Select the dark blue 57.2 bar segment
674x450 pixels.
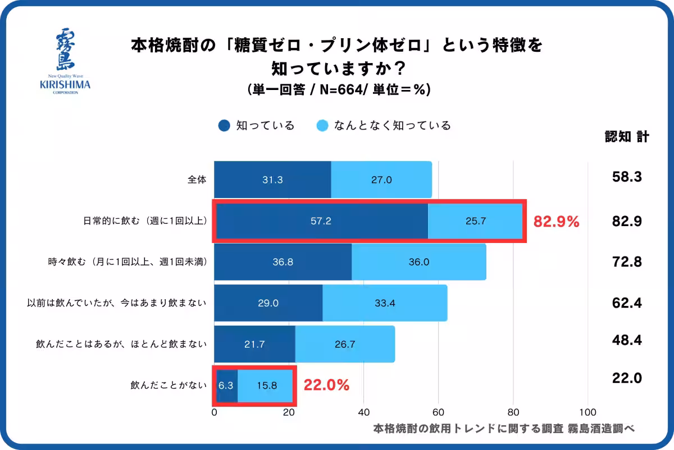(321, 221)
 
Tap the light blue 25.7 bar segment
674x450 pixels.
(475, 221)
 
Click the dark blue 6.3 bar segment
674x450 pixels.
(226, 386)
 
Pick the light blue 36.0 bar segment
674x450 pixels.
(418, 262)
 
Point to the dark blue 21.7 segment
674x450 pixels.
(254, 344)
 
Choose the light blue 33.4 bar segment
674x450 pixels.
(385, 303)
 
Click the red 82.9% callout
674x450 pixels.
(556, 222)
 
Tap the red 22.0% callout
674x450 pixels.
(326, 385)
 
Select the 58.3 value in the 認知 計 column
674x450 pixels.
(627, 177)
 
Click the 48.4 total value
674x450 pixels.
(627, 340)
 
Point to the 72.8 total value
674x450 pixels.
(627, 262)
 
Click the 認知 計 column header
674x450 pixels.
(627, 137)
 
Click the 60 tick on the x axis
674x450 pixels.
(438, 411)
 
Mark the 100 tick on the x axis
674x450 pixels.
(588, 411)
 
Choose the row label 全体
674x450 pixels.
(197, 180)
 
